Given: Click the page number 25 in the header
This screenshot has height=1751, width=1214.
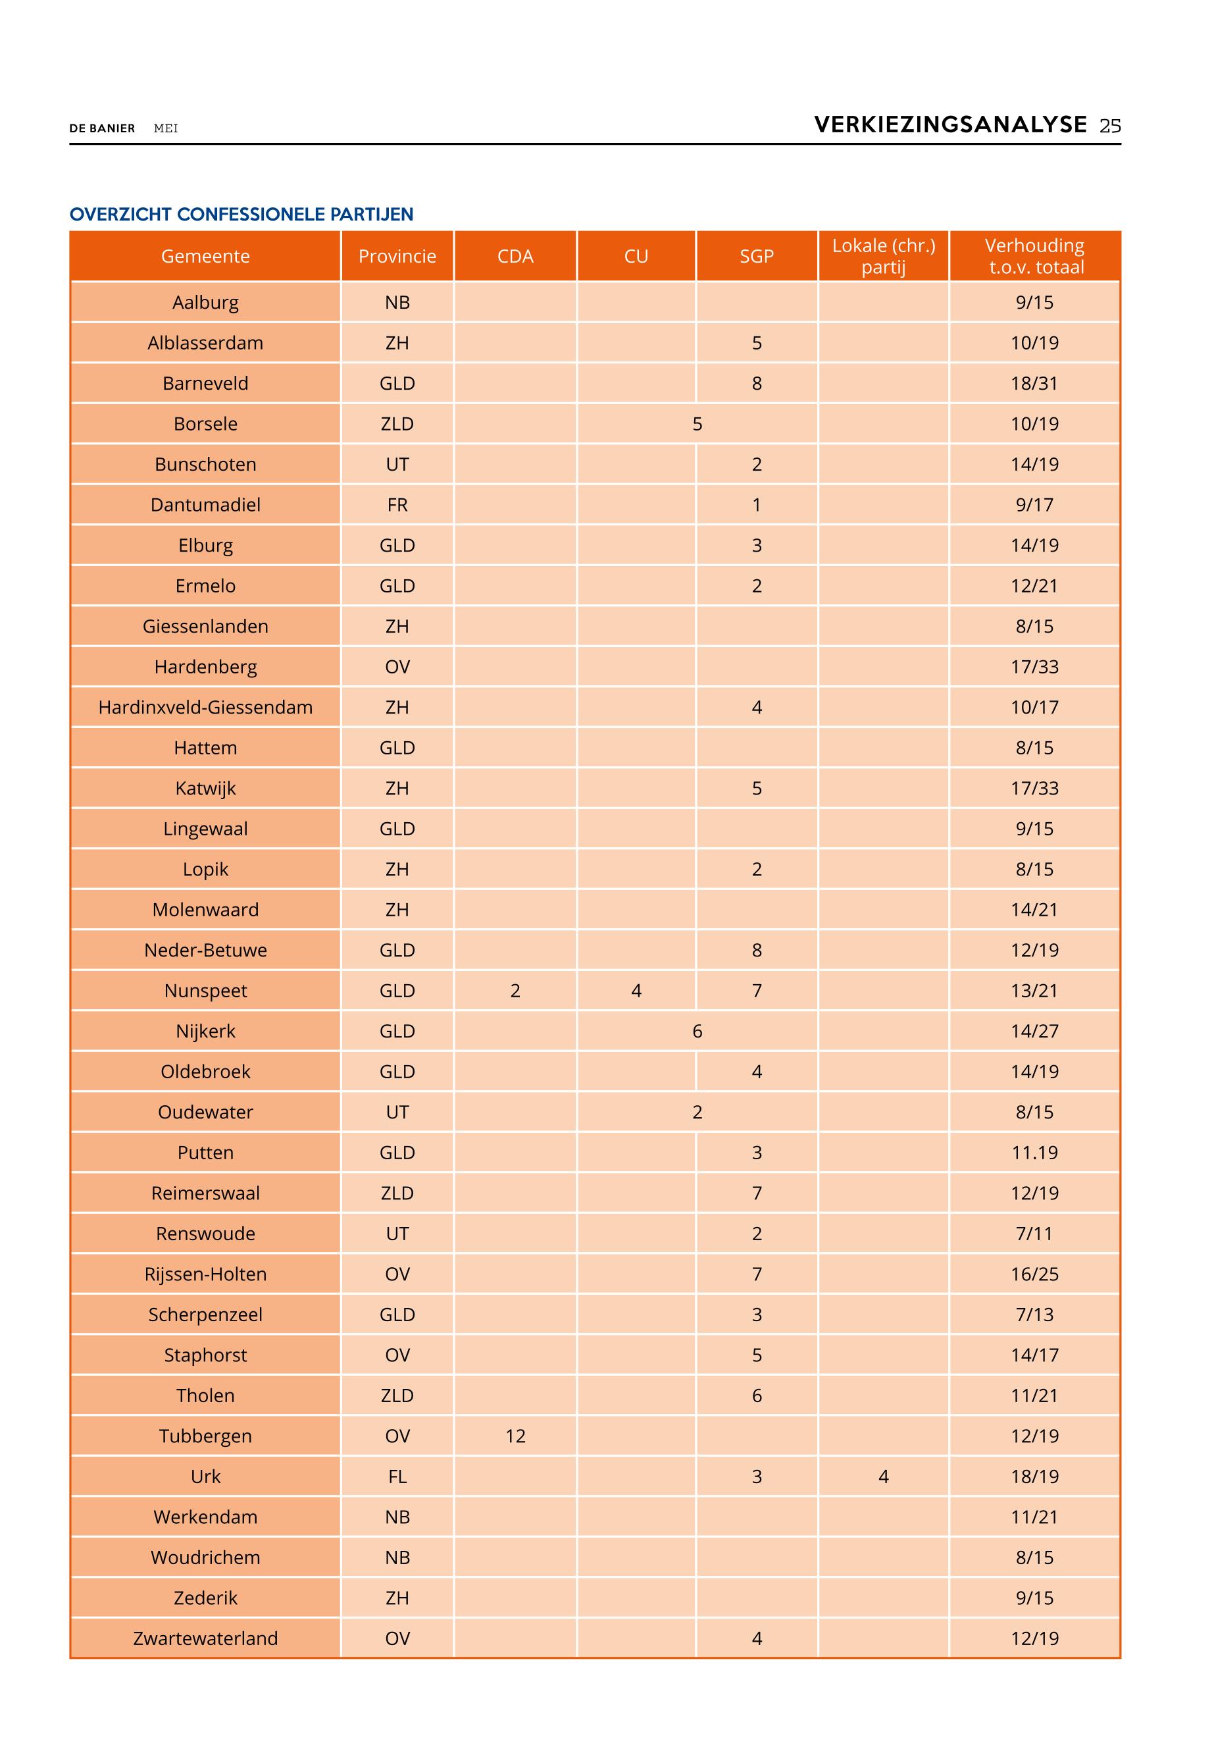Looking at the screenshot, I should point(1110,126).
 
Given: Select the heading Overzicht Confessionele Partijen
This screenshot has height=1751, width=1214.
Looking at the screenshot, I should point(241,215).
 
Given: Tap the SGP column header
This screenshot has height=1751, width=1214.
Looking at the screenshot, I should point(756,257).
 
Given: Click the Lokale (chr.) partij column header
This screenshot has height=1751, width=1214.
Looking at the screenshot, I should point(883,257).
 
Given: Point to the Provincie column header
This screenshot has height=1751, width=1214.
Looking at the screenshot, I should point(397,257).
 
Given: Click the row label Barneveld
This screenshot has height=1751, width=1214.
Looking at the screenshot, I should point(205,384).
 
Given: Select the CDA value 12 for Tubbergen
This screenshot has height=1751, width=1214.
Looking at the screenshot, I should point(515,1436).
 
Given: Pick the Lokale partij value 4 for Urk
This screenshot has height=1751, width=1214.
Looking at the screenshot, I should point(883,1477).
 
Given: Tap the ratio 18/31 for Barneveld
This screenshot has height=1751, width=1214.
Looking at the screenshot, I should point(1034,384).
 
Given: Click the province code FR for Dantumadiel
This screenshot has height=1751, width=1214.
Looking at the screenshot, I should point(397,504).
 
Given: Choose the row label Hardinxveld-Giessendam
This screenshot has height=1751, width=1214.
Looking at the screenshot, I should point(205,707).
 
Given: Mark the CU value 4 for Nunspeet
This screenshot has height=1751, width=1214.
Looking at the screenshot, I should point(636,991).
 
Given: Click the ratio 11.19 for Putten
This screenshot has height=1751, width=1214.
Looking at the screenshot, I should point(1034,1153).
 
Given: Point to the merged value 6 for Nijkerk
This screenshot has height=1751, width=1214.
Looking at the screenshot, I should point(697,1031).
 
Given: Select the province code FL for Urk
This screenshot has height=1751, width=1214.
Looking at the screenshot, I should point(397,1477).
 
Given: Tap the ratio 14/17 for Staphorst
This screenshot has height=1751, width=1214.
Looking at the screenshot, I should point(1034,1355).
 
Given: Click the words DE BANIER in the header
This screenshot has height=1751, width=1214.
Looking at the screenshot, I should point(102,128).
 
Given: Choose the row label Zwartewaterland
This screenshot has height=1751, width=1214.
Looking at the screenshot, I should point(205,1638).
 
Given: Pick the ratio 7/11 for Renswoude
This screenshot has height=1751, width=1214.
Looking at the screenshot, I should point(1034,1234).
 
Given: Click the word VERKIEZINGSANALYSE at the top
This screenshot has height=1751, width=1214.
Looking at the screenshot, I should point(950,125).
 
